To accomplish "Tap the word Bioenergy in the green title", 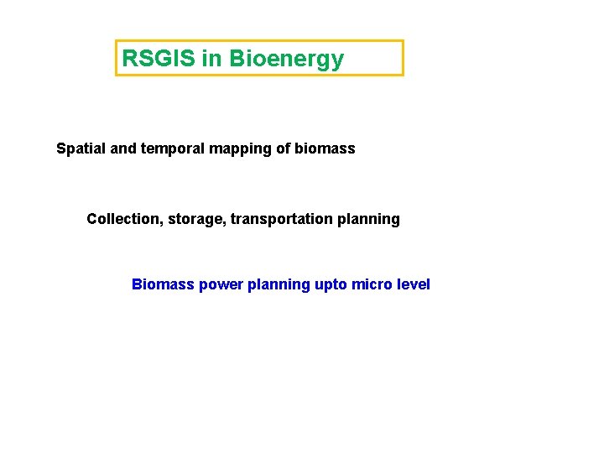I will point(286,60).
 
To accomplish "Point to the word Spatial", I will point(81,149).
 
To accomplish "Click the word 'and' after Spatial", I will point(122,148).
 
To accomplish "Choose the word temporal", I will point(167,149).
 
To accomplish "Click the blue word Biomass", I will point(163,284).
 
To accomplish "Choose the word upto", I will point(331,285).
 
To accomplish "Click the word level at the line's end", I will point(413,284).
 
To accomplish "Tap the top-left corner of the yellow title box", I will point(116,41).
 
